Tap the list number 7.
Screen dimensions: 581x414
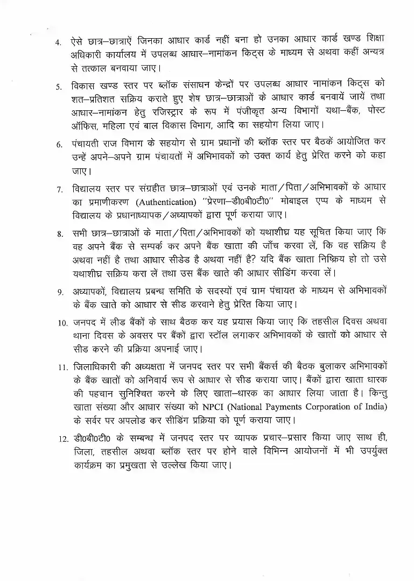59,190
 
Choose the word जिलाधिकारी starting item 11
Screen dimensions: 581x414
92,367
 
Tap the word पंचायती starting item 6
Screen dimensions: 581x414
86,144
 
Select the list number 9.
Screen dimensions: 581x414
60,292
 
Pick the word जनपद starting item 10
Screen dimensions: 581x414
85,323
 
